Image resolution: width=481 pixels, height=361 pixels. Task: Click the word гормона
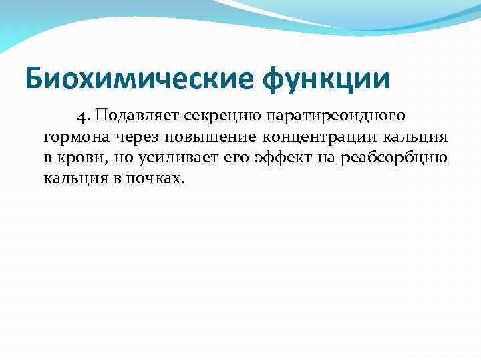coord(72,138)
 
